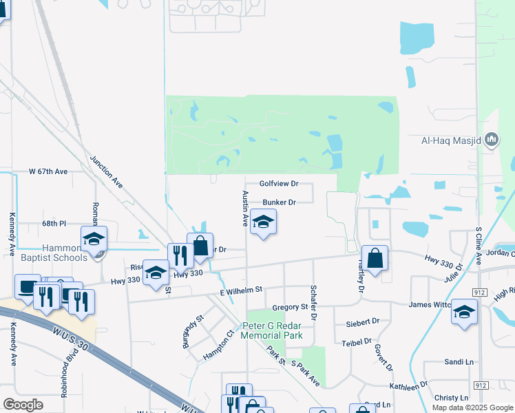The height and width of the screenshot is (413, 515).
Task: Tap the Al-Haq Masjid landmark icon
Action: tap(492, 140)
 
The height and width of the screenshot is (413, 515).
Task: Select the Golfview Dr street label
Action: tap(279, 184)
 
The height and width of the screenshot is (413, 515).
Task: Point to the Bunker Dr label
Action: tap(279, 202)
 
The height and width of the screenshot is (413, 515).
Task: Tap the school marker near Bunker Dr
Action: tap(263, 223)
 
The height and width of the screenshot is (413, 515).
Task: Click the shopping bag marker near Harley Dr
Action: tap(375, 260)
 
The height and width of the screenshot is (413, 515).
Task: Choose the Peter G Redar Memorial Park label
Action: tap(272, 330)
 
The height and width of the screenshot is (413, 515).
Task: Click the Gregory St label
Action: tap(289, 306)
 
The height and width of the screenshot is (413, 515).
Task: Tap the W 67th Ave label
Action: tap(48, 171)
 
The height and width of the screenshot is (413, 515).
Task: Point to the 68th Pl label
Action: tap(53, 224)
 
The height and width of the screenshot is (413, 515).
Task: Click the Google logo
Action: tap(23, 405)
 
